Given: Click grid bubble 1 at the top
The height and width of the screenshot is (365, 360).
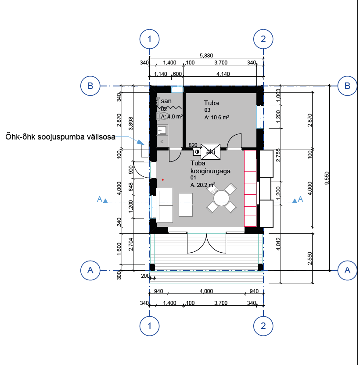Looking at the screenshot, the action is click(x=149, y=39).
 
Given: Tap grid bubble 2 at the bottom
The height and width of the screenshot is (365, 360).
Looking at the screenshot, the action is click(x=263, y=326).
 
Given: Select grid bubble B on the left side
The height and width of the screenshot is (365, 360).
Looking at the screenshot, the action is click(x=90, y=86).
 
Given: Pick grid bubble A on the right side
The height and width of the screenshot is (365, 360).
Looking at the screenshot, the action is click(x=347, y=270).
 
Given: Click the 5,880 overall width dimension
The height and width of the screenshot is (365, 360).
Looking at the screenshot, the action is click(x=206, y=55).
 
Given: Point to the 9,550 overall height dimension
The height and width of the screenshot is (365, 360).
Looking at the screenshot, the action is click(x=327, y=178).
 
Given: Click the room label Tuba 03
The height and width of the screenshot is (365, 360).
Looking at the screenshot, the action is click(x=212, y=106).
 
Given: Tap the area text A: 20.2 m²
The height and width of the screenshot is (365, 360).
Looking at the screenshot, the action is click(x=203, y=185).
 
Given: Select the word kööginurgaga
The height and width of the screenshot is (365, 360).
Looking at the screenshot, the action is click(x=210, y=171).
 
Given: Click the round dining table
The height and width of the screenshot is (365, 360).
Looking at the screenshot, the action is click(x=221, y=198).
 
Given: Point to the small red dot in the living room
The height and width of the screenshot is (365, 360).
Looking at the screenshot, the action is click(x=162, y=180).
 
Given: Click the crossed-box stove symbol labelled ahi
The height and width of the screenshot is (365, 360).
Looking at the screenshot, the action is click(x=210, y=152).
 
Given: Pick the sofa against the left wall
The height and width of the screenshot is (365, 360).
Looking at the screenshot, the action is click(x=165, y=205).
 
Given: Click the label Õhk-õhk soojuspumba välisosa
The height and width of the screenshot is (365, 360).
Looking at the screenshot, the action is click(x=60, y=136).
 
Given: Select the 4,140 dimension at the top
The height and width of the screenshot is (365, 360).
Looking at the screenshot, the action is click(x=223, y=74).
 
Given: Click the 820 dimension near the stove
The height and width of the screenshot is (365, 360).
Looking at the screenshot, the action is click(x=193, y=145).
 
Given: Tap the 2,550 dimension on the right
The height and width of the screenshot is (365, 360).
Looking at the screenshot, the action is click(x=310, y=258).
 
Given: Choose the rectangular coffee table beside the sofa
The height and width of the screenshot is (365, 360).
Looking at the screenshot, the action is click(x=186, y=205).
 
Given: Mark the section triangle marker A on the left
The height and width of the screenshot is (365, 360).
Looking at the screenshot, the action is click(x=105, y=200).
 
